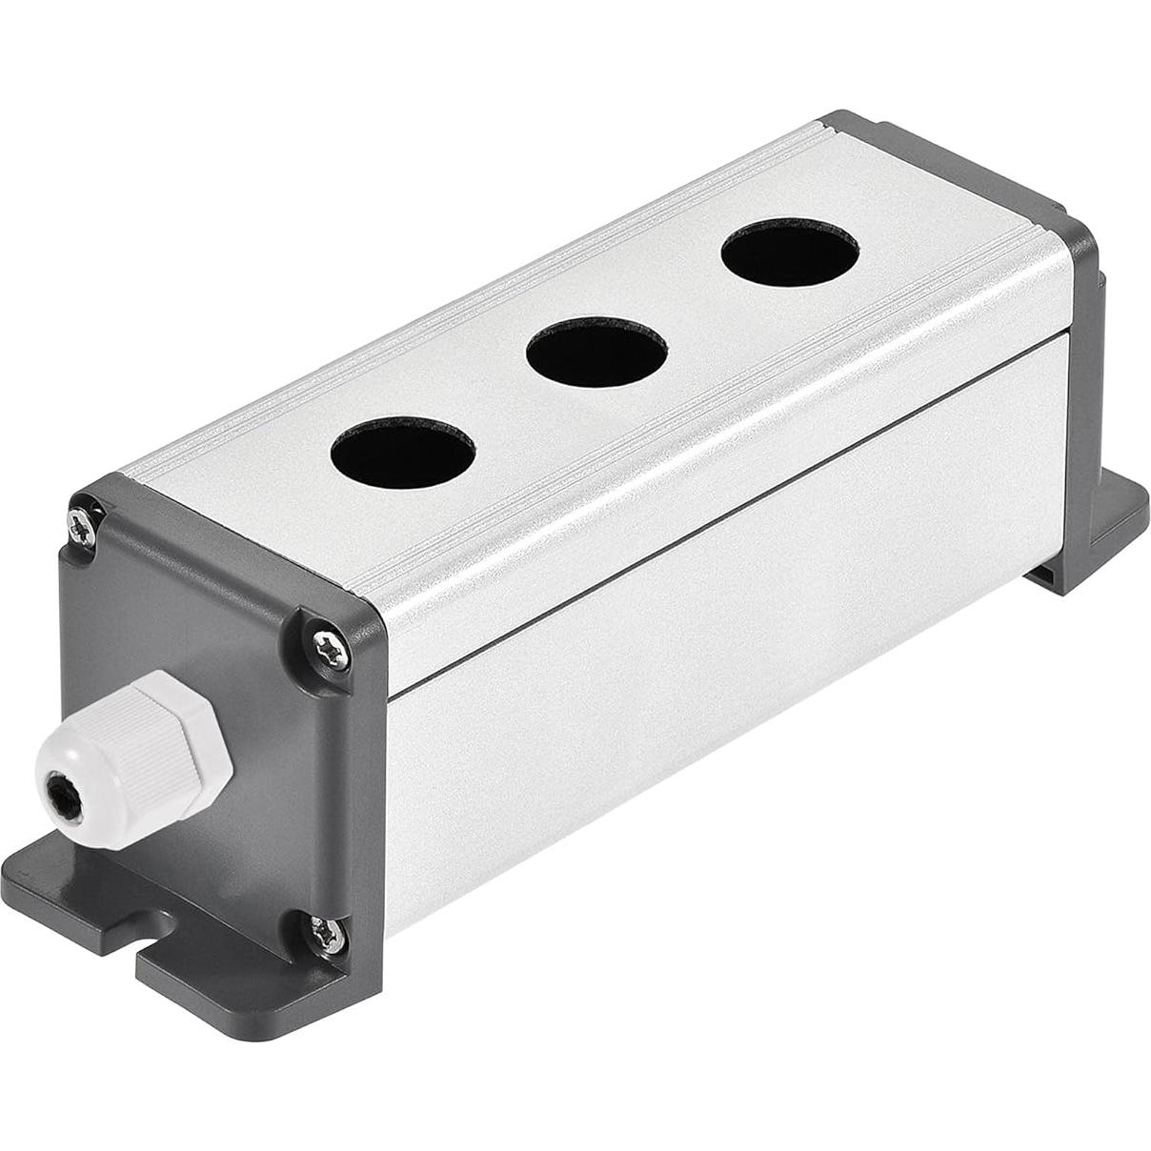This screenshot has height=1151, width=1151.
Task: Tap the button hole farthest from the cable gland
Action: [x=789, y=252]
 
